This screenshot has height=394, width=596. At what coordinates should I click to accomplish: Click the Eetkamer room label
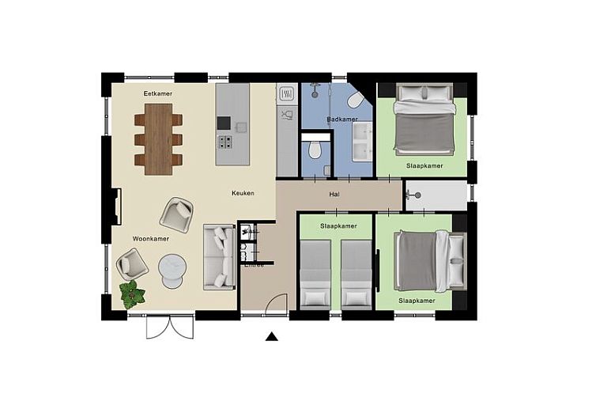coord(157,93)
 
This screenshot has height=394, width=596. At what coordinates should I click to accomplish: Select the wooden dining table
coord(158,138)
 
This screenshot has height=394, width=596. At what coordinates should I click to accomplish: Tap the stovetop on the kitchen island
coord(225,143)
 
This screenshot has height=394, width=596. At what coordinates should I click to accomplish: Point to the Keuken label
coord(243,193)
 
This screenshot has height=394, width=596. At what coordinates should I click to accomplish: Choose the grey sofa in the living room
coord(217,256)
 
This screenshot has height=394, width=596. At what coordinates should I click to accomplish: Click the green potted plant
coord(133,294)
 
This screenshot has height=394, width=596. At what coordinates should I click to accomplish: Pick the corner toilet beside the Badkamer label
coord(354,100)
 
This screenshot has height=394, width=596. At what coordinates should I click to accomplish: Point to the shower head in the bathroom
coord(315,85)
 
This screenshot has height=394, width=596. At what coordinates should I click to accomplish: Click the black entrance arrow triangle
coord(271,337)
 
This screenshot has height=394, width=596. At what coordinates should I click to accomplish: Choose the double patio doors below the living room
coord(169,327)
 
